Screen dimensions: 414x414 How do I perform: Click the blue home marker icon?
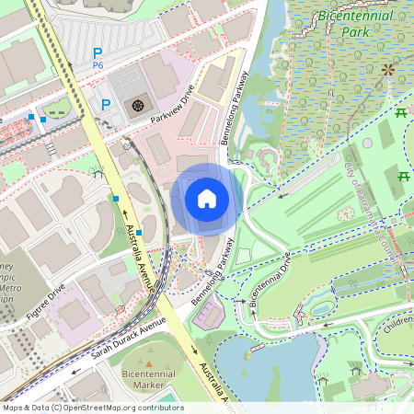pyautogui.click(x=207, y=199)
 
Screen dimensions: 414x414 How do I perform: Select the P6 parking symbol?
pyautogui.click(x=97, y=59)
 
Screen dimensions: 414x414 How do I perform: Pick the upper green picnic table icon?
pyautogui.click(x=401, y=112)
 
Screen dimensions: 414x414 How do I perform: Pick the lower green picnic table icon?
pyautogui.click(x=403, y=175)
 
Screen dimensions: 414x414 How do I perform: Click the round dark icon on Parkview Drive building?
pyautogui.click(x=138, y=106)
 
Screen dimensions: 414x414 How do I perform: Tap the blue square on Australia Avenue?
pyautogui.click(x=116, y=198)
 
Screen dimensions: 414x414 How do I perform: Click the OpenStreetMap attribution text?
pyautogui.click(x=92, y=408)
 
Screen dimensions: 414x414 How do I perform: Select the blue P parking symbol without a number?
pyautogui.click(x=106, y=104)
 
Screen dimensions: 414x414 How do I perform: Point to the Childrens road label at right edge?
pyautogui.click(x=397, y=324)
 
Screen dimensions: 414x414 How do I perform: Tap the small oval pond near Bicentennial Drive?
pyautogui.click(x=322, y=309)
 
